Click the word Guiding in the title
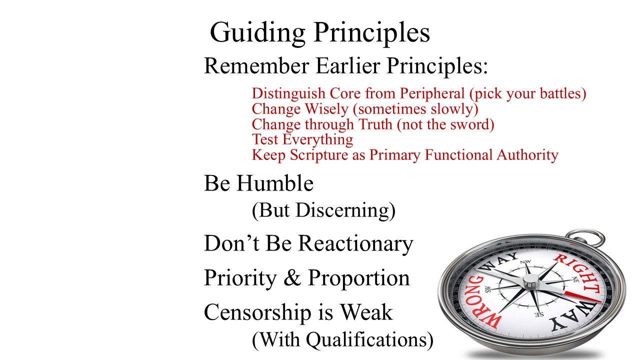(x=257, y=33)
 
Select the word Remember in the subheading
(x=256, y=65)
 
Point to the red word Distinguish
(x=288, y=94)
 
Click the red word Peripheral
(x=432, y=93)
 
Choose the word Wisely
(x=326, y=109)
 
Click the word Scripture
(x=319, y=155)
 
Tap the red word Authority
(x=527, y=155)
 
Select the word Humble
(x=275, y=183)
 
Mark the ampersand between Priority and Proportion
(x=292, y=277)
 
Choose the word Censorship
(x=257, y=313)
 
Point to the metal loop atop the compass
(x=585, y=237)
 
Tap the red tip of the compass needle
(x=583, y=297)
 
